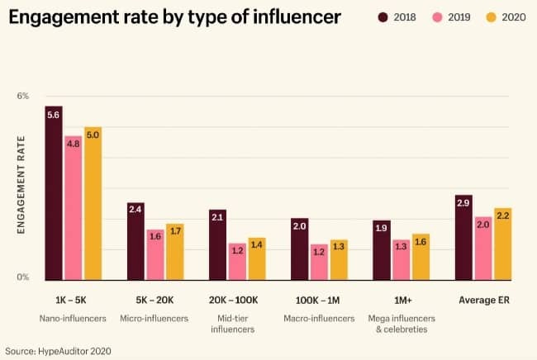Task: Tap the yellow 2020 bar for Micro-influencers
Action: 174,252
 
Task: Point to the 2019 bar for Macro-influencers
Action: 319,262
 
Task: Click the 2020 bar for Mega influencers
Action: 421,257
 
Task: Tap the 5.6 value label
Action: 54,115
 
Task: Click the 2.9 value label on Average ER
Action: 463,202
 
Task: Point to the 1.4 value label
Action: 257,244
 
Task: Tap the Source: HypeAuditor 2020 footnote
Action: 58,350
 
